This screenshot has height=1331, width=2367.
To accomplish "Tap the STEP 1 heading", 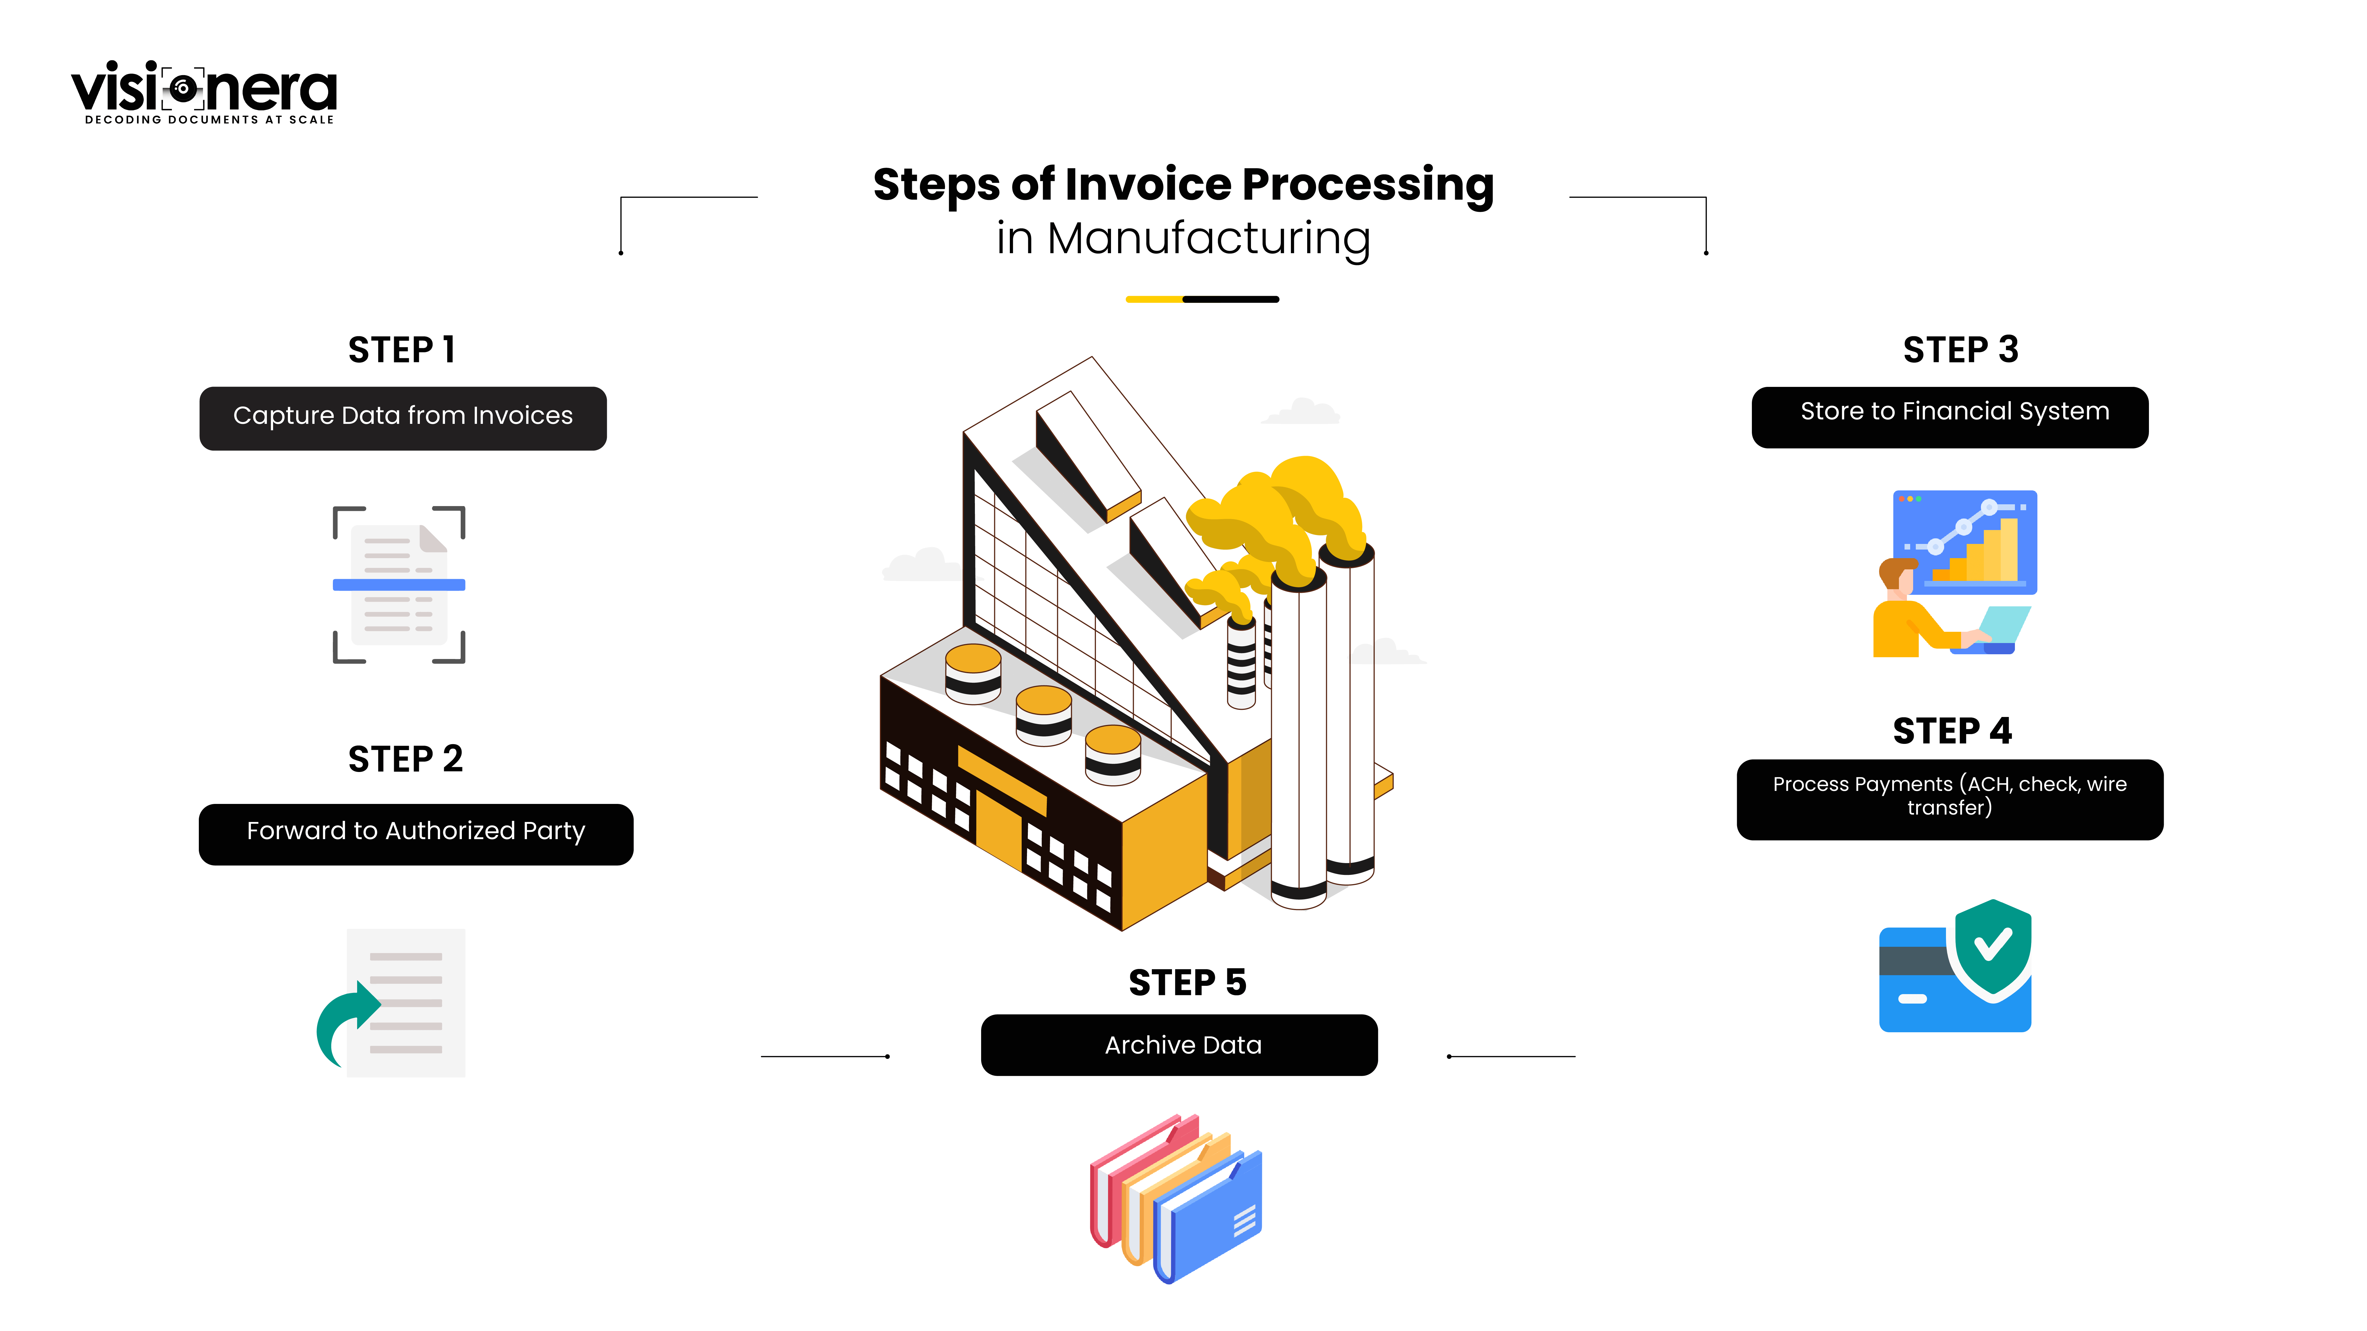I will (x=402, y=350).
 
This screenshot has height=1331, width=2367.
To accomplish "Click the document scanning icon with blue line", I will (x=399, y=584).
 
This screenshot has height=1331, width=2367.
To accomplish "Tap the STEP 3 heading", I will (x=1960, y=350).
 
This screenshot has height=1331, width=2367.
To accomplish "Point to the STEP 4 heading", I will (x=1952, y=731).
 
